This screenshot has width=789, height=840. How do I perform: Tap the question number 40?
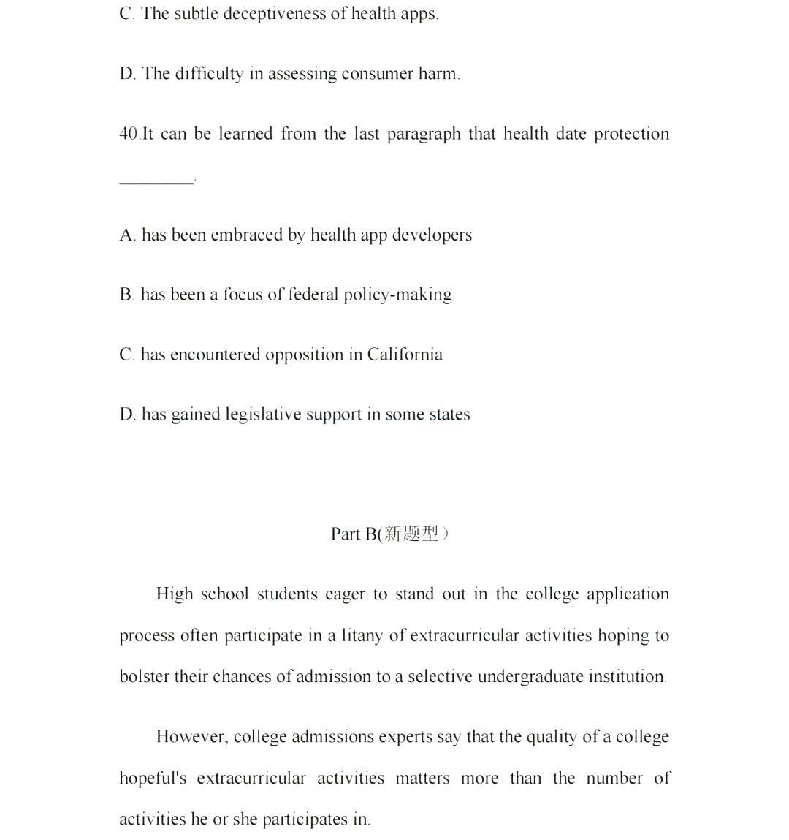click(x=129, y=134)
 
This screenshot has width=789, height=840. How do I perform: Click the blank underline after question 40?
click(x=156, y=181)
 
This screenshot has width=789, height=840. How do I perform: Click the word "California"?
click(x=405, y=355)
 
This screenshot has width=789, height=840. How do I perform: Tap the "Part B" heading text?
click(x=354, y=534)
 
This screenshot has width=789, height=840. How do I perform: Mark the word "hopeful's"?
click(x=153, y=778)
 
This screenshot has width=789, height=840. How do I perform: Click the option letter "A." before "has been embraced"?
click(x=127, y=235)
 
